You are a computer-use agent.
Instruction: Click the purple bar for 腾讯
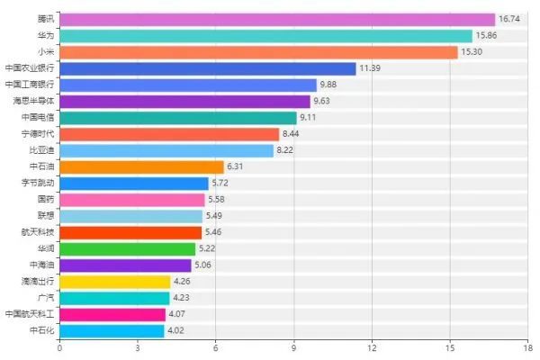pos(277,19)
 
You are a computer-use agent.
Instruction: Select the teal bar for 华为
pos(265,36)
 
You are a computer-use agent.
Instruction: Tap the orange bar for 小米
pos(258,52)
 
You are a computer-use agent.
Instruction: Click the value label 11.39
pos(371,68)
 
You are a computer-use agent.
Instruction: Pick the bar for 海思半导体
pos(184,101)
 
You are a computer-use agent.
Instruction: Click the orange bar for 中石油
pos(141,166)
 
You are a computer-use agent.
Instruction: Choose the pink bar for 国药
pos(131,200)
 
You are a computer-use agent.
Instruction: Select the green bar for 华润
pos(127,248)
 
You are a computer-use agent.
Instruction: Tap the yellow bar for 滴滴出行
pos(114,282)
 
